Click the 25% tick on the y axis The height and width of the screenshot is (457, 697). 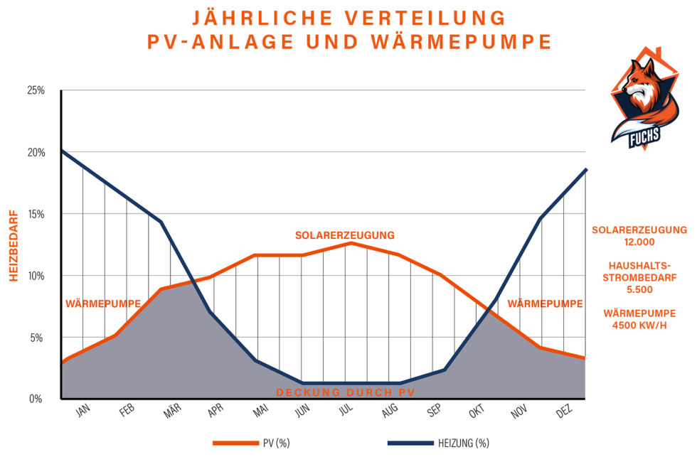[x=36, y=90]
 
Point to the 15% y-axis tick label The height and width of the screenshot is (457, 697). [x=36, y=214]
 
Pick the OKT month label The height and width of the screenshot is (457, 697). [x=477, y=413]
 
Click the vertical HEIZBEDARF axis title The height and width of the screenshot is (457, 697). [x=13, y=244]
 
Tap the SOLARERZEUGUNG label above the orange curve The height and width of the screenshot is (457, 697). [x=345, y=235]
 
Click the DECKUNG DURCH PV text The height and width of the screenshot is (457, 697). [x=345, y=392]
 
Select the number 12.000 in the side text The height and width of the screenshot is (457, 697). [x=639, y=242]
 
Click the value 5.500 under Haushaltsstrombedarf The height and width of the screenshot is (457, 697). [x=639, y=290]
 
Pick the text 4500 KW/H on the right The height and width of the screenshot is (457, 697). [x=639, y=325]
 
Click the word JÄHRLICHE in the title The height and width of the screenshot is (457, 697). [x=256, y=17]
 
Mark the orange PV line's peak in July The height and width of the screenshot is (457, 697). [x=350, y=243]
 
